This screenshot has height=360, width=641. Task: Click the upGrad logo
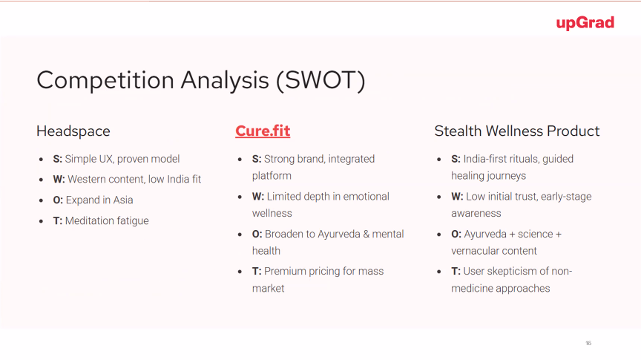585,23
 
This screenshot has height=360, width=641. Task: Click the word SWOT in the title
320,79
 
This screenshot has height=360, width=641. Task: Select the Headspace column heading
73,131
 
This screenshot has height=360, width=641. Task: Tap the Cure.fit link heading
263,131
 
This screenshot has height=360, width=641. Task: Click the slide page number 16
588,343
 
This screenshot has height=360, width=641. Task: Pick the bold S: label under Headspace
58,159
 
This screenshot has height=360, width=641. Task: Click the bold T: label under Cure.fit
257,271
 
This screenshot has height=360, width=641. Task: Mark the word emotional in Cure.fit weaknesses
366,197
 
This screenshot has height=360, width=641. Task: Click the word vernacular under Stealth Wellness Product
475,251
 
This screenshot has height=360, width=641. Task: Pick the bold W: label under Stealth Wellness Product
457,197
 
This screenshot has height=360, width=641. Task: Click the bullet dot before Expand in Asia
42,200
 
